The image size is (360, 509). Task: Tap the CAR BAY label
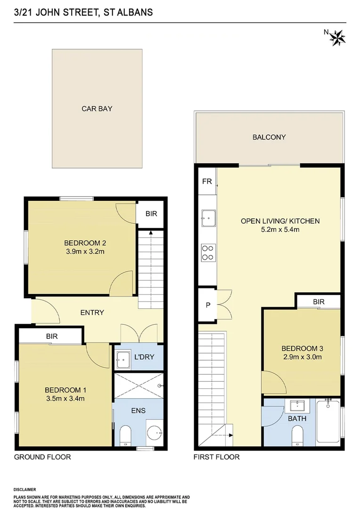tap(97, 109)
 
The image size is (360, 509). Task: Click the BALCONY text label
tap(269, 138)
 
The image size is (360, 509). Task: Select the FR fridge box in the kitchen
tap(206, 181)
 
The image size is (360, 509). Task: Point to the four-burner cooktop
tap(207, 252)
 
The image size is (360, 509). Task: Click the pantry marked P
tap(207, 305)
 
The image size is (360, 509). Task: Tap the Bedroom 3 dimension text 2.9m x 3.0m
tap(302, 357)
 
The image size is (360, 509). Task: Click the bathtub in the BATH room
tap(327, 421)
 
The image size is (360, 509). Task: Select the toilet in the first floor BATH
tap(297, 435)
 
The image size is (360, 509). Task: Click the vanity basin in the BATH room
tap(297, 405)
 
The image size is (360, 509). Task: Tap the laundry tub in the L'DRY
tap(124, 359)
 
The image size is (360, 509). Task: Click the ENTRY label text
tap(92, 312)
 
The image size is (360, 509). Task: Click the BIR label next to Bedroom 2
tap(151, 214)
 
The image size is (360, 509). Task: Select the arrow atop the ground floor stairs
tap(150, 232)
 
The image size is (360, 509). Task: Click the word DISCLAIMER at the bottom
tap(25, 490)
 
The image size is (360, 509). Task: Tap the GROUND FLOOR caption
tap(42, 457)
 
